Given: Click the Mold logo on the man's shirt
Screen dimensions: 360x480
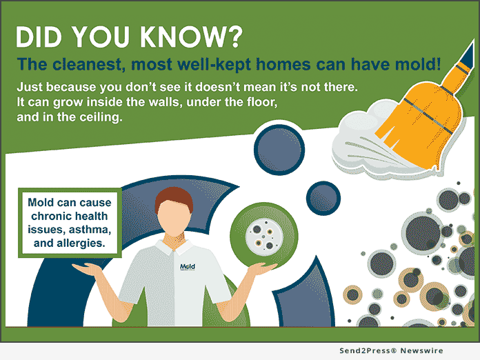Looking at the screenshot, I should pyautogui.click(x=188, y=267).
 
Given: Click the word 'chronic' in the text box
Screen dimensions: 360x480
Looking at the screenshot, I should pyautogui.click(x=48, y=216).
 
